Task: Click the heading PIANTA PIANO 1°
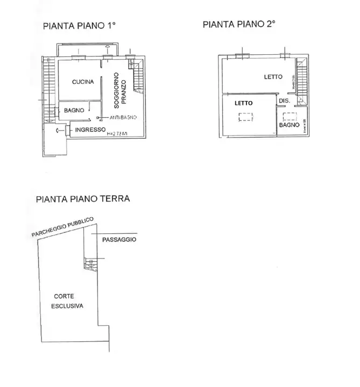coord(80,25)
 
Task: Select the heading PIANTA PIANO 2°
coord(239,24)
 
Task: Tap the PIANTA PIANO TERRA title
coord(82,198)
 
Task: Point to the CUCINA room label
coord(83,82)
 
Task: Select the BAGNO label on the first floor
coord(74,110)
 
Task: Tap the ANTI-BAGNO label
coord(123,117)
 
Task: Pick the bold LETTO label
coord(245,103)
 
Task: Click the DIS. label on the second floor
coord(284,101)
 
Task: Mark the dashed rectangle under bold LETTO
coord(245,117)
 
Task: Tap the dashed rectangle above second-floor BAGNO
coord(291,114)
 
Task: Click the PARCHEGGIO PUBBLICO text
coord(62,227)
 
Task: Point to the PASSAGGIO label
coord(119,240)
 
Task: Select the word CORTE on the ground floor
coord(63,296)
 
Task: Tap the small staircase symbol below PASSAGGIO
coord(88,263)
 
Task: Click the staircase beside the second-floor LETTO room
coord(300,81)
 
